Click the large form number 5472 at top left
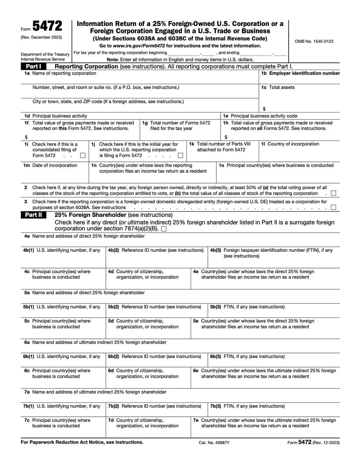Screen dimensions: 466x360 coord(47,26)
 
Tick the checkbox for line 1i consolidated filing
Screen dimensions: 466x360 coord(83,156)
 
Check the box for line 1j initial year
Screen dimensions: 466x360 coord(181,156)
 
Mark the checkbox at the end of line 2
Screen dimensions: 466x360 coord(333,193)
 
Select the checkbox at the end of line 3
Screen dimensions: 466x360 coord(333,208)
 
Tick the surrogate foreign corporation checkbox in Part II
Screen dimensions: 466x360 coord(164,229)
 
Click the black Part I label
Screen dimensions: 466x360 coord(33,66)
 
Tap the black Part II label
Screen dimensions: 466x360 coord(33,215)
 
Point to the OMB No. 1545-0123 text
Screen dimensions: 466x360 coord(314,41)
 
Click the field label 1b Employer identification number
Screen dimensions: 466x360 coord(300,73)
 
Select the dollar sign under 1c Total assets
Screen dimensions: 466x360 coord(264,109)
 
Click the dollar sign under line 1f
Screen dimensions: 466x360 coord(26,137)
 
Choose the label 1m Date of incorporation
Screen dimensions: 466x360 coord(50,165)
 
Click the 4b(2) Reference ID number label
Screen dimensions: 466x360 coord(156,250)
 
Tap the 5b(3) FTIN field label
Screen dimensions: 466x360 coord(247,307)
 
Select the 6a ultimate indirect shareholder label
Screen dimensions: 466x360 coord(95,342)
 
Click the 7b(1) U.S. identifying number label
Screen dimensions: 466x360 coord(62,406)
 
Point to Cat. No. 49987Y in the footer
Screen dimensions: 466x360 coord(214,443)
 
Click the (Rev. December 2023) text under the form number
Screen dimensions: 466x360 coord(41,37)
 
